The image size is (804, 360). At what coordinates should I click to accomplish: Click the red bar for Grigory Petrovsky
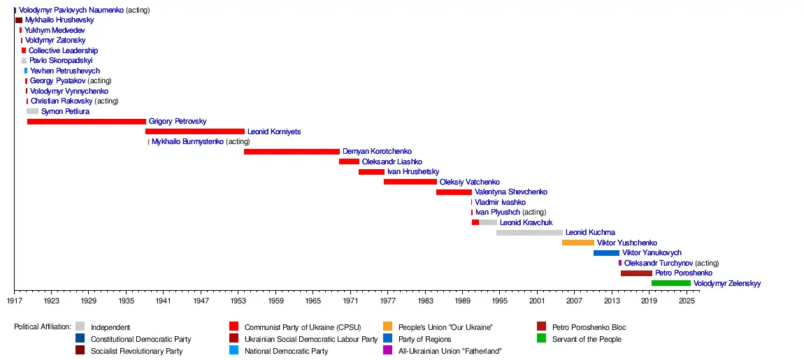click(x=86, y=122)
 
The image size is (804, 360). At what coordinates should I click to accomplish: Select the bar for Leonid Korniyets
click(x=194, y=131)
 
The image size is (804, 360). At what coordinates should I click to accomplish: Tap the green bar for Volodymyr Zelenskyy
click(x=670, y=283)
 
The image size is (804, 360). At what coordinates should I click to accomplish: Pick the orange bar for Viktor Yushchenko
click(x=577, y=243)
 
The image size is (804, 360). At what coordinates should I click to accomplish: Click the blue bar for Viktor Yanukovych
click(x=606, y=253)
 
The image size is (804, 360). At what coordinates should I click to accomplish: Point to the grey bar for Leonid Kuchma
click(x=529, y=232)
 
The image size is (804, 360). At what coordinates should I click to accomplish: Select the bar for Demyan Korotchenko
click(x=292, y=152)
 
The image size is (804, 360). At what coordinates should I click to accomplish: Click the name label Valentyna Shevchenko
click(x=510, y=192)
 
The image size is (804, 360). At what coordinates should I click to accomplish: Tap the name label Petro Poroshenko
click(x=683, y=273)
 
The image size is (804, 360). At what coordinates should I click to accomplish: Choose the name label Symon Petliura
click(x=65, y=112)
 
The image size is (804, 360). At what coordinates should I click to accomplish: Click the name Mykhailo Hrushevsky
click(x=59, y=20)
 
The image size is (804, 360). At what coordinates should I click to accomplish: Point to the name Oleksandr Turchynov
click(x=658, y=264)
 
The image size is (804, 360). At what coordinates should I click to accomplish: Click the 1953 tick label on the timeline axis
click(x=238, y=301)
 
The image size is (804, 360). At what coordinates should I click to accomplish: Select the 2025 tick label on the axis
click(x=687, y=301)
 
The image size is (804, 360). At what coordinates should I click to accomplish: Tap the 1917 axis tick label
click(x=15, y=301)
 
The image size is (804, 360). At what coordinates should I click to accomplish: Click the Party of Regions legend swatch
click(x=388, y=339)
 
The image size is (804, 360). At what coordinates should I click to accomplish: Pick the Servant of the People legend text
click(x=587, y=339)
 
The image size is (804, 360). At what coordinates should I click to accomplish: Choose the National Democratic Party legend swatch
click(x=234, y=351)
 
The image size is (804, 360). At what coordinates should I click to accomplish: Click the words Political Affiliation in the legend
click(x=43, y=327)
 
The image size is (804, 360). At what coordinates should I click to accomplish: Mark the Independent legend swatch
click(x=80, y=327)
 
